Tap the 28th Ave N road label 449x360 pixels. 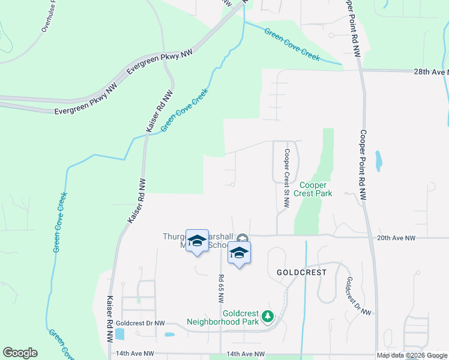point(431,71)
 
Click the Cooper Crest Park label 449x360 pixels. point(316,190)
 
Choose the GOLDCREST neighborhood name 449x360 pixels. point(301,272)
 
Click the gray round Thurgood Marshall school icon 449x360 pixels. point(242,239)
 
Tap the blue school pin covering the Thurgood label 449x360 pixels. point(197,241)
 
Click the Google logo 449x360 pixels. point(20,353)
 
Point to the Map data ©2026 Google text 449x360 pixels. point(411,355)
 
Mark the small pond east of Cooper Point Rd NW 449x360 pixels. point(378,161)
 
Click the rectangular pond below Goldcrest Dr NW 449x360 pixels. point(119,334)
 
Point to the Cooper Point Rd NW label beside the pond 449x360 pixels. point(364,164)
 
